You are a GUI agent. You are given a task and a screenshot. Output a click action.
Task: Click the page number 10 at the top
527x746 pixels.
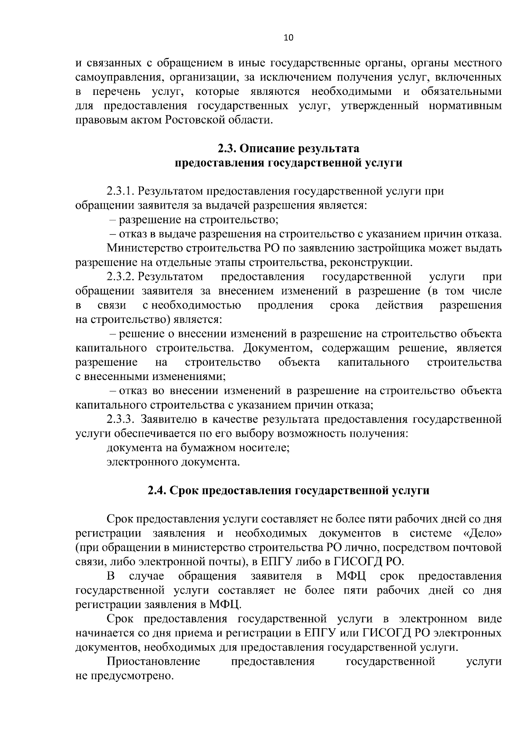coord(288,37)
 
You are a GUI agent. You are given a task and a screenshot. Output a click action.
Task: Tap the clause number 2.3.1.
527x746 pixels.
coord(121,191)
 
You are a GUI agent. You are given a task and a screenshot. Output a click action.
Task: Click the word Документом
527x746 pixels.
coord(278,348)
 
